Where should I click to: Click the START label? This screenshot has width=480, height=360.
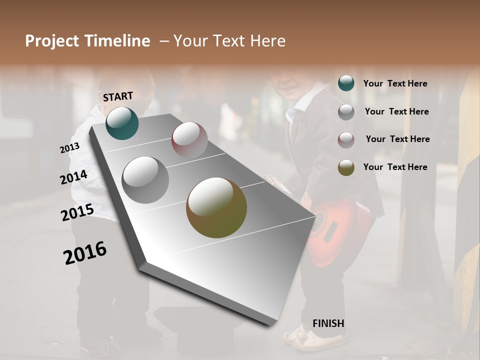pos(118,96)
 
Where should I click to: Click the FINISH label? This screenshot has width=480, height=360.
pos(328,323)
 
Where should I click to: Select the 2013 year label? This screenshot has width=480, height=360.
pos(69,148)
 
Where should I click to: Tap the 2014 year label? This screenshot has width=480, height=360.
pos(73,177)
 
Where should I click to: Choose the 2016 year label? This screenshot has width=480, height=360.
pos(85,253)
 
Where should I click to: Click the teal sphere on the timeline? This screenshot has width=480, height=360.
pos(122,123)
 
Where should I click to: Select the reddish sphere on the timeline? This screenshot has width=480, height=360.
pos(189,139)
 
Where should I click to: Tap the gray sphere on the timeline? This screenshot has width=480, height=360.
pos(145,180)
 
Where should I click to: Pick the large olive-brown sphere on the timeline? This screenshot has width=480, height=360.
pos(216,207)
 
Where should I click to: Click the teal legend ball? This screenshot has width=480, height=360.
pos(346,83)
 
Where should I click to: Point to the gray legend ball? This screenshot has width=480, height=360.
pos(346,112)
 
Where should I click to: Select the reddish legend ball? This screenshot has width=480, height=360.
pos(346,139)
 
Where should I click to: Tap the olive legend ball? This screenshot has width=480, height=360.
pos(346,167)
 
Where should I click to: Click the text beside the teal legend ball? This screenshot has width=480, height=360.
pos(395,83)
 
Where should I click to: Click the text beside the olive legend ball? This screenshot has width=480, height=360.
pos(395,167)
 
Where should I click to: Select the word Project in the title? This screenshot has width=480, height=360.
pos(52,41)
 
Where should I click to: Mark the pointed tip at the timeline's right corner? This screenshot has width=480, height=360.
pos(315,215)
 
